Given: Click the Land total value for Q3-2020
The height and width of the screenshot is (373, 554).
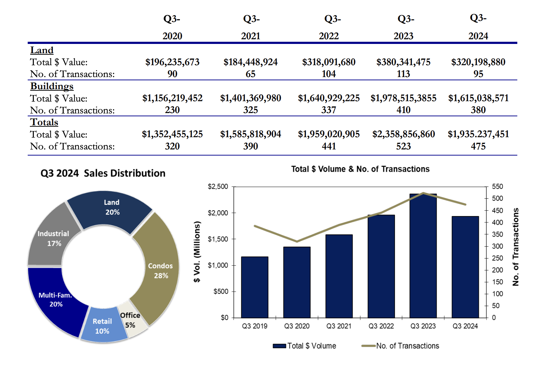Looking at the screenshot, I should pos(172,62).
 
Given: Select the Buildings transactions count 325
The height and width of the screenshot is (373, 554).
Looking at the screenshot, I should pos(250,110).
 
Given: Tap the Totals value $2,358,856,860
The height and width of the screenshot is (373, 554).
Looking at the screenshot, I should pos(403,134).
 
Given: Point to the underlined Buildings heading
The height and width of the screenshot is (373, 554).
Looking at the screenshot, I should pos(52,86).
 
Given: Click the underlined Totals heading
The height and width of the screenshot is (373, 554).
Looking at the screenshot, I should pos(44,122).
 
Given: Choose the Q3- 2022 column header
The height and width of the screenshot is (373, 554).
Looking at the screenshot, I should pos(329,27).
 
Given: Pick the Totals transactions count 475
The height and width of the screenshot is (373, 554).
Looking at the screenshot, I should pos(478,146).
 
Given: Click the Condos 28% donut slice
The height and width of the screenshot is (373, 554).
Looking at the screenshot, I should pos(160,270).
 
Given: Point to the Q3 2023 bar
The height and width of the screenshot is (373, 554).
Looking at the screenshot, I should pos(423,259).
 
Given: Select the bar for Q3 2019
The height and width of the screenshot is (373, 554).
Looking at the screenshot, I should pos(254,288).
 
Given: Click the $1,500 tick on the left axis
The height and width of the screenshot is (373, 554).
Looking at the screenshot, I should pos(218,239).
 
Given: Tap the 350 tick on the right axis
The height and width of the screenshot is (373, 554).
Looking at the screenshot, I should pos(497,234).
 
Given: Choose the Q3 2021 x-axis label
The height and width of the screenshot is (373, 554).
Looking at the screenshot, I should pos(339,326).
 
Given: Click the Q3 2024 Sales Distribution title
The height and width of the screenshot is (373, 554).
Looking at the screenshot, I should pos(103,173).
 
